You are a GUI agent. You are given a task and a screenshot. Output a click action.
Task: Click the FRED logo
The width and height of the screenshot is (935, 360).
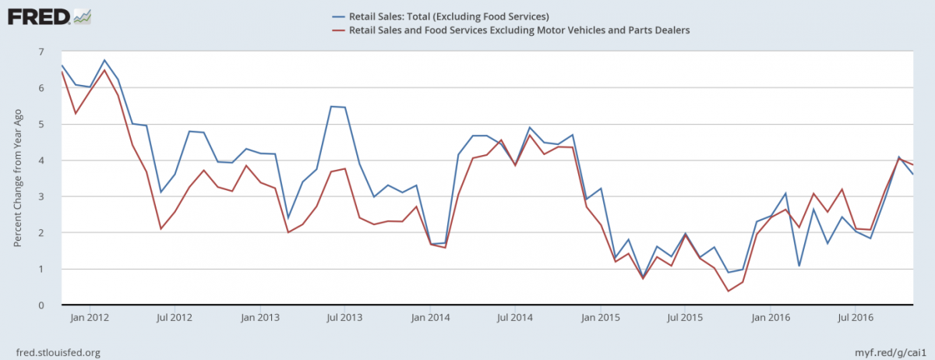pos(49,16)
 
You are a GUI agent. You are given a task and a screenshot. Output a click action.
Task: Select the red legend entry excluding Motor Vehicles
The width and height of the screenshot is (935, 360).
pos(510,30)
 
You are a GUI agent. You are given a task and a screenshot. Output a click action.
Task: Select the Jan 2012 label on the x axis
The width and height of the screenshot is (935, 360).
pos(88,318)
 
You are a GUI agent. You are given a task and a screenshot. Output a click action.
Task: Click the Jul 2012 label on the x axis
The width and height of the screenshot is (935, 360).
pos(174,318)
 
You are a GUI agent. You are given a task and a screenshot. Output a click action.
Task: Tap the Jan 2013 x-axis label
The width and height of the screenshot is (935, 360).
pos(260,318)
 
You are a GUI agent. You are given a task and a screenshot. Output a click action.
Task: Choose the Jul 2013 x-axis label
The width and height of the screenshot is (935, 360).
pos(344,318)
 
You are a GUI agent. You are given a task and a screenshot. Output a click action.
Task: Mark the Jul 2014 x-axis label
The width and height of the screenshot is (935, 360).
pos(515,318)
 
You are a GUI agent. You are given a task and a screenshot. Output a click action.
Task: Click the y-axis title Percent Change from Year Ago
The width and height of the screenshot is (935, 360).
pos(17,178)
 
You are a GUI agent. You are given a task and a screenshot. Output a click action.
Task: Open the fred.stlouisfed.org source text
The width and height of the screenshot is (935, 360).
pos(58,352)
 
